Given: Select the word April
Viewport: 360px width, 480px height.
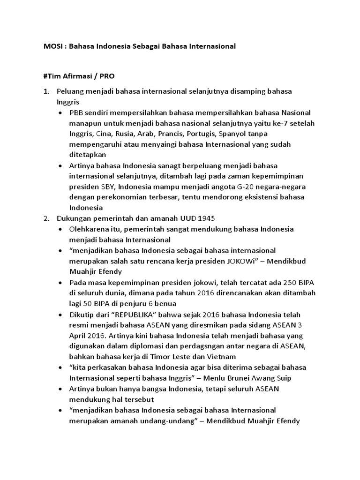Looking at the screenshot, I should coord(80,336).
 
